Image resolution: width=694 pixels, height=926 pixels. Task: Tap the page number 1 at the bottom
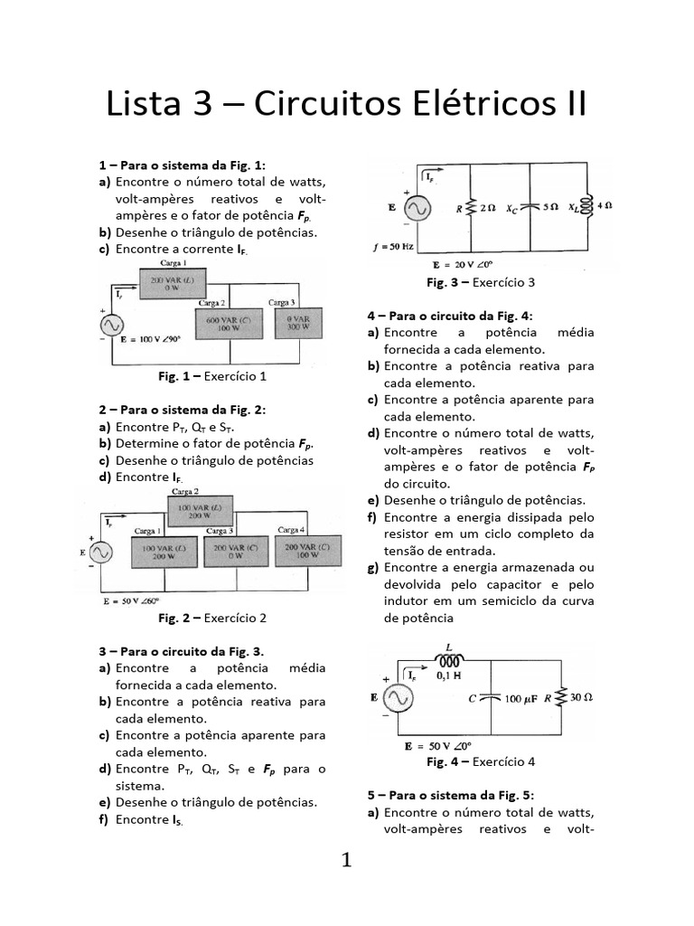(346, 860)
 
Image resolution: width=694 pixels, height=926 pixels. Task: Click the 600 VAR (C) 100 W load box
(228, 323)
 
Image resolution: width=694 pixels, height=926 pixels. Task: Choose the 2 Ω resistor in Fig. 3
(472, 207)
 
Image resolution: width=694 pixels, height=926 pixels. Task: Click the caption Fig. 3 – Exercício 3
(481, 282)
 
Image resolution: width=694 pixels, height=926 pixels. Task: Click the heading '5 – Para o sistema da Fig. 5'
(449, 795)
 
